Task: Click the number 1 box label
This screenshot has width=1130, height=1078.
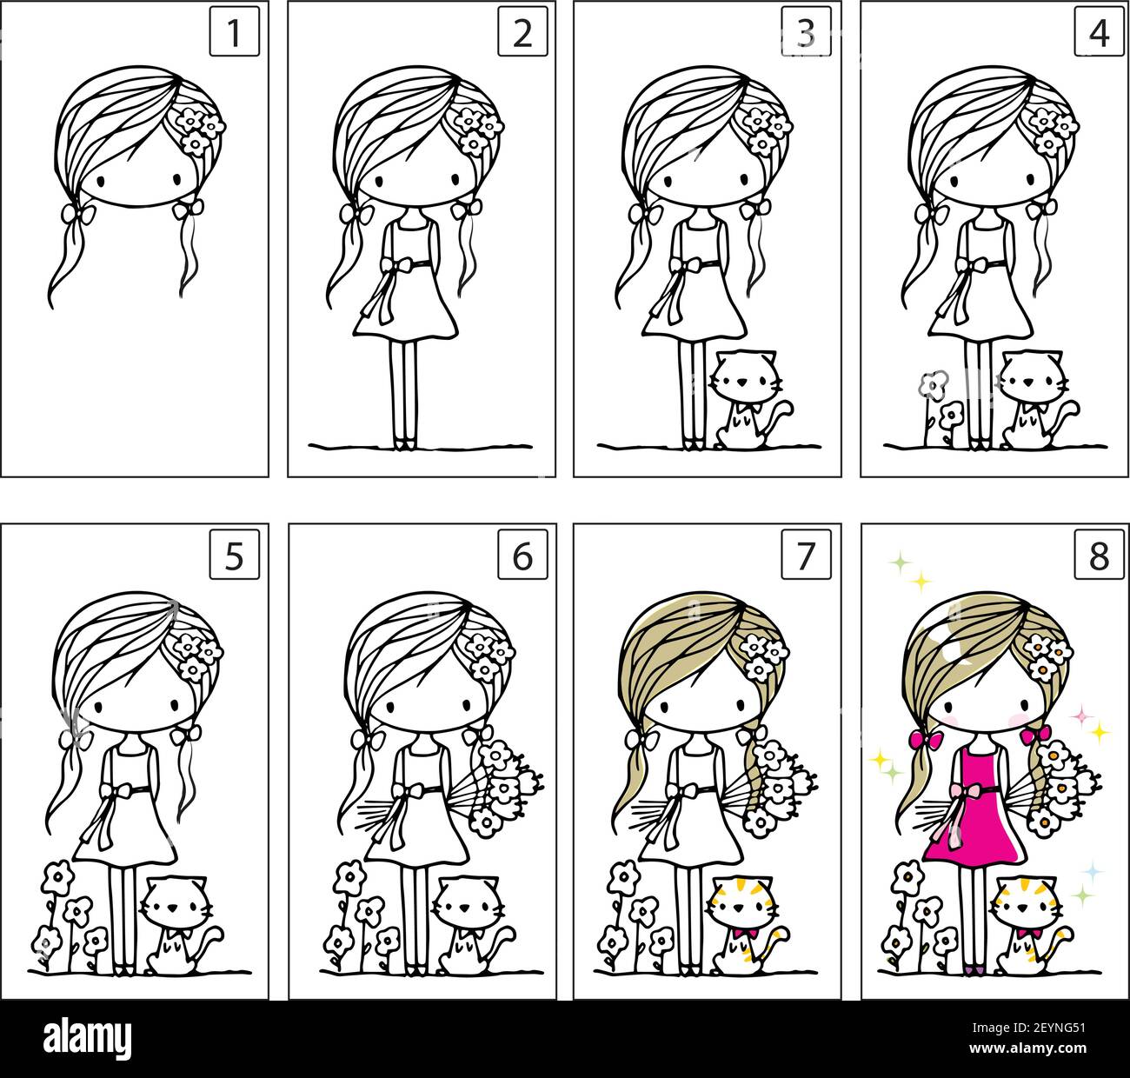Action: (x=234, y=33)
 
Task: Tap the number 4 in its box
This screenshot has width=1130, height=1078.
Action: (x=1099, y=33)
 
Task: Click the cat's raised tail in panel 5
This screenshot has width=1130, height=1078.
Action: (x=212, y=939)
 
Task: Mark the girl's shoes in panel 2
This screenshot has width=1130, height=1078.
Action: (x=404, y=445)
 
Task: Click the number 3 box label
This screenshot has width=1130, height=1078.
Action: (x=806, y=33)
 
